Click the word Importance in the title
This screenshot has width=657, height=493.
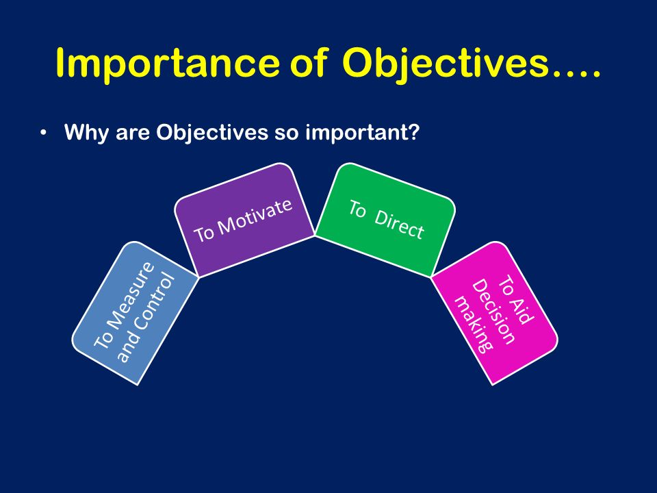[x=167, y=63]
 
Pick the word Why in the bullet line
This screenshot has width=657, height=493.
[x=87, y=133]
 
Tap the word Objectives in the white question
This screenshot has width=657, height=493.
[x=212, y=133]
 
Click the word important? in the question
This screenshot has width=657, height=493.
[x=363, y=133]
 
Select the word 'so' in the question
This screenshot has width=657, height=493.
[x=287, y=135]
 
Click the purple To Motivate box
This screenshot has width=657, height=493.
[x=244, y=220]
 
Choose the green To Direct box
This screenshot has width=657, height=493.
[x=385, y=220]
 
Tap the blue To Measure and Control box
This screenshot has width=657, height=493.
[x=135, y=313]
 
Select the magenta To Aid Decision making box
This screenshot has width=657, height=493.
[x=495, y=313]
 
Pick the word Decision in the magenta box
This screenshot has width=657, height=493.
[x=494, y=312]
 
